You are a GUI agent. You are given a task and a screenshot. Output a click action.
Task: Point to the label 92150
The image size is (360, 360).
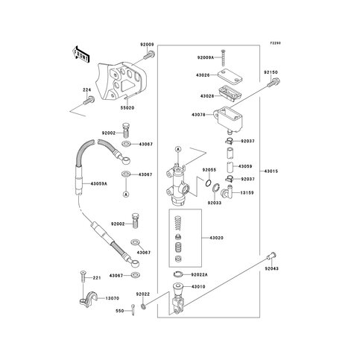tap(270, 73)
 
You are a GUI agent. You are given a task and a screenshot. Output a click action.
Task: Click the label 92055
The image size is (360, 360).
tap(208, 169)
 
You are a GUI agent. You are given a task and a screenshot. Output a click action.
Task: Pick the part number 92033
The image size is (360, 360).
tap(215, 202)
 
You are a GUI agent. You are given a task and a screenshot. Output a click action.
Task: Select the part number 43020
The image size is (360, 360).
tap(217, 238)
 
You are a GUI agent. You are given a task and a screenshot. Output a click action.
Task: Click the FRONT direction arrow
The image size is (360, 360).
tap(80, 54)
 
